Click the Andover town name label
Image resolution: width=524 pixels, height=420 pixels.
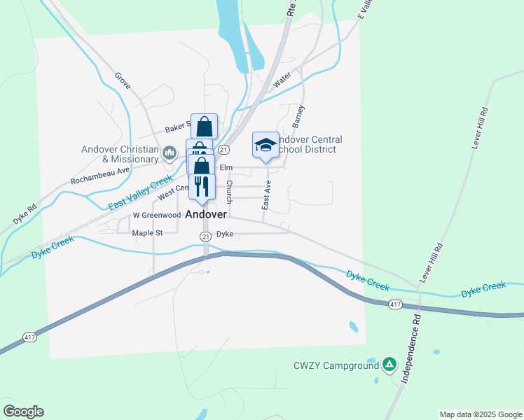[206, 214]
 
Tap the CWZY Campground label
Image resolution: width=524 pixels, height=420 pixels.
[336, 365]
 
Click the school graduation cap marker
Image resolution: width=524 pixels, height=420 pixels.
[266, 145]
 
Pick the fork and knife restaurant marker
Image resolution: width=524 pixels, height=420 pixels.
[202, 185]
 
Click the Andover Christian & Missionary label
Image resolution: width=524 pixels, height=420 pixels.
[120, 154]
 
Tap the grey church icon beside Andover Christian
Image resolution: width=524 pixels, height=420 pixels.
[169, 153]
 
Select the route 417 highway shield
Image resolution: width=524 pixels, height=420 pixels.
[394, 304]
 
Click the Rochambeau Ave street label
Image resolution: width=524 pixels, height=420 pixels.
[100, 175]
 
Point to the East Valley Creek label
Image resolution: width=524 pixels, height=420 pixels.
[140, 193]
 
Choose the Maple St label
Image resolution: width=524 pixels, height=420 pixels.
[147, 232]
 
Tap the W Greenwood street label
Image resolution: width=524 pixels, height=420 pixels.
[152, 215]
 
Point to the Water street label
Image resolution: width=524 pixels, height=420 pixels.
[282, 80]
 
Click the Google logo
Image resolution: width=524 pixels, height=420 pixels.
[23, 412]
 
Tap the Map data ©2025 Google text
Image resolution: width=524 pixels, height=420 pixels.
[480, 414]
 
